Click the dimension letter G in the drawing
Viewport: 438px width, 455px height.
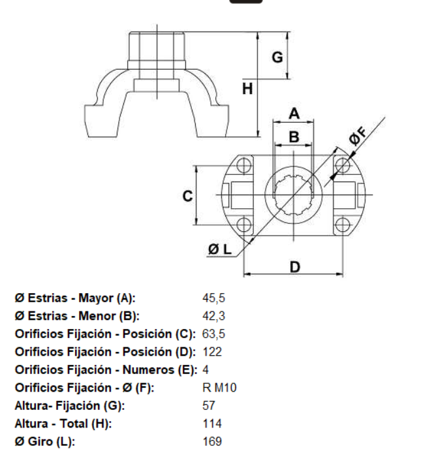tap(277, 57)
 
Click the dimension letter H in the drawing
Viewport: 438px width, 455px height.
tap(247, 88)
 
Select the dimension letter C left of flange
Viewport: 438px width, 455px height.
tap(187, 195)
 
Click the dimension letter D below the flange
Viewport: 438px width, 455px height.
tap(295, 266)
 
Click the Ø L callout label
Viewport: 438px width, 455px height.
tap(220, 249)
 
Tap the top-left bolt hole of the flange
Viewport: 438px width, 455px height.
tap(244, 164)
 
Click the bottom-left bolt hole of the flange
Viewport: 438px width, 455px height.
tap(244, 226)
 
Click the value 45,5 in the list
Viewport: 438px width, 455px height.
tap(214, 299)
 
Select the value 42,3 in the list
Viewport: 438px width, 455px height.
tap(214, 317)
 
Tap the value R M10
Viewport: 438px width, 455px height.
tap(220, 388)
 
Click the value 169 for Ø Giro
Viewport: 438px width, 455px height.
tap(213, 441)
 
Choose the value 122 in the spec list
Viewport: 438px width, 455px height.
tap(213, 353)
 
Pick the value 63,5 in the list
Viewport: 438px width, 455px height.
tap(214, 334)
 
